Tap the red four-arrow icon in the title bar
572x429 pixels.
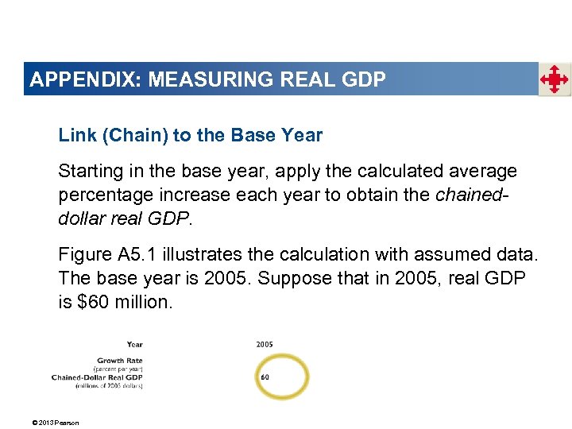coord(555,79)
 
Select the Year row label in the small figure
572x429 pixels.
coord(134,344)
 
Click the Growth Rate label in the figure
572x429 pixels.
coord(120,361)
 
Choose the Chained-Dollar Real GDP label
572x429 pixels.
coord(97,377)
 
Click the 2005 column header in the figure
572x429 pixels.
coord(265,344)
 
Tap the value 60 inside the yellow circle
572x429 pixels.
coord(265,377)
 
